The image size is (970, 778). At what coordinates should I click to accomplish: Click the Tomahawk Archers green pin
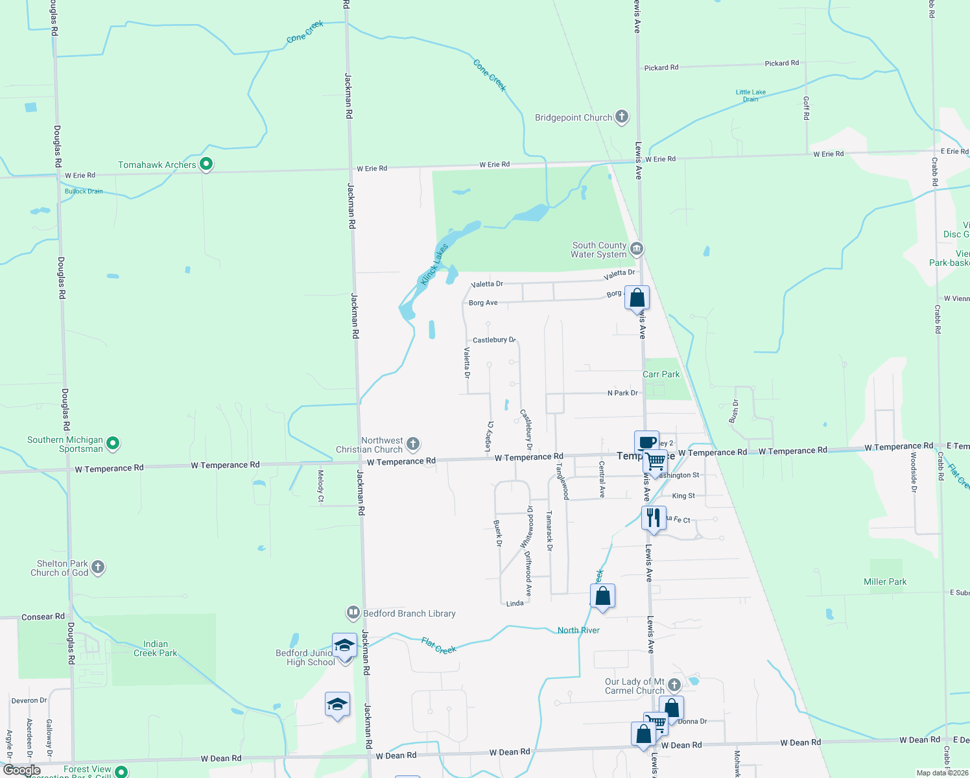tap(206, 165)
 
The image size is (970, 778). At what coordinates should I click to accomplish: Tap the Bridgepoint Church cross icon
tap(622, 117)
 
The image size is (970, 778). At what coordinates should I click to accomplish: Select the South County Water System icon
tap(637, 249)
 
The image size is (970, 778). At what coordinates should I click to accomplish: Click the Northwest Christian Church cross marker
tap(412, 444)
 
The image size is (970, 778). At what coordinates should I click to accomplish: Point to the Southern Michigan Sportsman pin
tap(113, 444)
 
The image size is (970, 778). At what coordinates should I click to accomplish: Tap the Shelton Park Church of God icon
tap(98, 567)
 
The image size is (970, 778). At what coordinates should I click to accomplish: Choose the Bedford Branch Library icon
tap(353, 613)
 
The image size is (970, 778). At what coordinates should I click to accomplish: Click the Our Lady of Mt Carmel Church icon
tap(674, 685)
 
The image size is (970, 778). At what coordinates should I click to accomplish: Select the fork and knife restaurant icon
tap(654, 518)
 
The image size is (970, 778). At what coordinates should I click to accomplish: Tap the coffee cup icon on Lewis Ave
tap(646, 442)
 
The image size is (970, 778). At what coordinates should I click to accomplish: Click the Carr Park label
tap(661, 374)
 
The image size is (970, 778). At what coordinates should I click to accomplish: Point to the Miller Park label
tap(885, 582)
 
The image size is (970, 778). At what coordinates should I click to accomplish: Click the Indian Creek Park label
tap(155, 648)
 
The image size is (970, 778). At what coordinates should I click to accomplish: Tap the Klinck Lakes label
tap(434, 265)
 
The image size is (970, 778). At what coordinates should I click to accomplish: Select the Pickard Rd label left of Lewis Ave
tap(661, 67)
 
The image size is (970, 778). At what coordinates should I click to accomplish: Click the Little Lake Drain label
tap(750, 95)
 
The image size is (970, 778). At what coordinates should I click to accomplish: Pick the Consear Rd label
tap(43, 617)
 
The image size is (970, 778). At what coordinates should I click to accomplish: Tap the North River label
tap(578, 630)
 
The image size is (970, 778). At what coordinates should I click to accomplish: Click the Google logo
tap(22, 770)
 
